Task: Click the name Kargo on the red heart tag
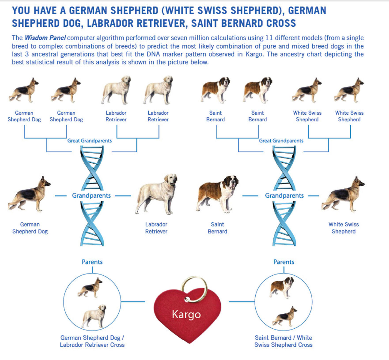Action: tap(186, 314)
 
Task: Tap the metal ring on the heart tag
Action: tap(194, 287)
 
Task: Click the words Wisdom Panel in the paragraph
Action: tap(45, 38)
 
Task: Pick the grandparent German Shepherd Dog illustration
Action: tap(29, 194)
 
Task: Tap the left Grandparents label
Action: tap(91, 196)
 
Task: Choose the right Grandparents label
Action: tap(284, 196)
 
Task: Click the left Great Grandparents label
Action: tap(89, 141)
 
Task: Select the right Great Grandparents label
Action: tap(281, 141)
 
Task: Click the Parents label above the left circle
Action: tap(92, 262)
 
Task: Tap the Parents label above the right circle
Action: tap(284, 262)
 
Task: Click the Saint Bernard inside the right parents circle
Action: tap(282, 287)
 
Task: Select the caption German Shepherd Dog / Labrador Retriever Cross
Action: tap(92, 341)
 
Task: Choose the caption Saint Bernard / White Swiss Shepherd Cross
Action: tap(283, 341)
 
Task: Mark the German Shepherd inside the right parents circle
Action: tap(285, 316)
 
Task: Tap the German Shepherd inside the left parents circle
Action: tap(90, 288)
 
